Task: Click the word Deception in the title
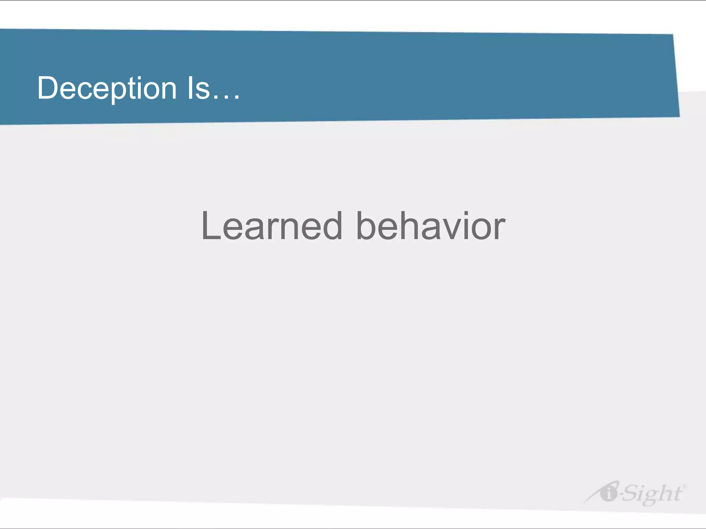[107, 89]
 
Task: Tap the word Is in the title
[199, 89]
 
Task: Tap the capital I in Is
[190, 88]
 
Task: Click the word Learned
[272, 226]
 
